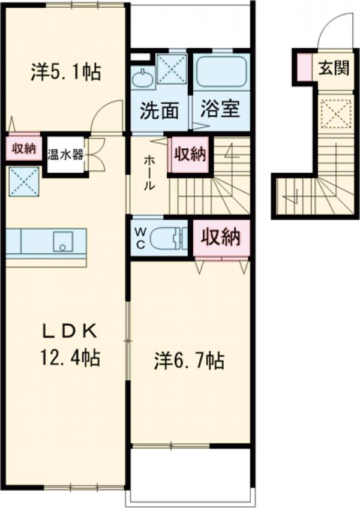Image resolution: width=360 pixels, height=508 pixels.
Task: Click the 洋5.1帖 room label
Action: coord(65,73)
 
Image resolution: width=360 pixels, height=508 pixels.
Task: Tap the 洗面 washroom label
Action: coord(160,110)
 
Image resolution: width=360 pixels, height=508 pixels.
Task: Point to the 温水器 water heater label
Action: coord(65,154)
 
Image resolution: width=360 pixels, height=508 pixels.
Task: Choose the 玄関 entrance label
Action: coord(333,68)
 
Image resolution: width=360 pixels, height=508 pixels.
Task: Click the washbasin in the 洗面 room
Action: coord(142,77)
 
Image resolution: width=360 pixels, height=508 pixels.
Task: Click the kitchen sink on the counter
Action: coord(62,242)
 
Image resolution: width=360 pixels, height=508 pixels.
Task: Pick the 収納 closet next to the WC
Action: coord(220,238)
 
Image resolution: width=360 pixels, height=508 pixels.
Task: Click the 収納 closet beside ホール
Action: coord(191,155)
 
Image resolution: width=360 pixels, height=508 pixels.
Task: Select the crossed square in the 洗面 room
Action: coord(171,68)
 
